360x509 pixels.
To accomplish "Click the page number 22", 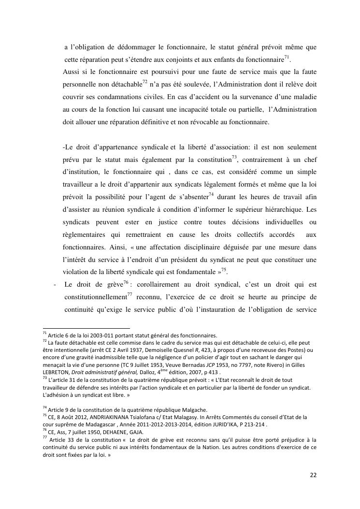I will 313,475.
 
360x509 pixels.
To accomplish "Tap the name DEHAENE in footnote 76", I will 116,432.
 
